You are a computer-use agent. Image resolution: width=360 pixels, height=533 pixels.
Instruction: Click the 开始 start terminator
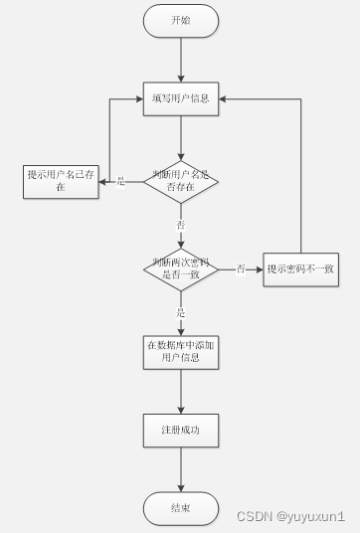[180, 20]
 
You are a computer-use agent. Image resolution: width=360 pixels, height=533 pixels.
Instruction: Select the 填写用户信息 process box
[180, 98]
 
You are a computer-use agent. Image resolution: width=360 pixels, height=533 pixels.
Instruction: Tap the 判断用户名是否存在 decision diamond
[180, 181]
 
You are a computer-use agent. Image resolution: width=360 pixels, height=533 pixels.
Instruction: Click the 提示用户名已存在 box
[61, 181]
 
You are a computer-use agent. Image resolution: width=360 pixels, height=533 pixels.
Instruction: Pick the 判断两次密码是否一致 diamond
[180, 268]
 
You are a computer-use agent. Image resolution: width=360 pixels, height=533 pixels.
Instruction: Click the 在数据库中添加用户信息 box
[180, 350]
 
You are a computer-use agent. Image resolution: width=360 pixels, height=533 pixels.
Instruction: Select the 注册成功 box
[180, 430]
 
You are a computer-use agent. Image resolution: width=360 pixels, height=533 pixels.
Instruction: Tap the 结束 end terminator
[180, 508]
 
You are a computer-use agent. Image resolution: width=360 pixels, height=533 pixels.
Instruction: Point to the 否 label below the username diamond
[181, 226]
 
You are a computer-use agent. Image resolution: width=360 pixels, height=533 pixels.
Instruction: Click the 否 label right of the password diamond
[240, 268]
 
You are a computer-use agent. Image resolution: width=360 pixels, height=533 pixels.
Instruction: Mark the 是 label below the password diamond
[181, 312]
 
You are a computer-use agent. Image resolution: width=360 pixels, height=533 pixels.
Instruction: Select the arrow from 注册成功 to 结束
[181, 469]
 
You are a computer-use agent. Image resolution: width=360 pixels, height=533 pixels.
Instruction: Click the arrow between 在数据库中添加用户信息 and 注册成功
[181, 390]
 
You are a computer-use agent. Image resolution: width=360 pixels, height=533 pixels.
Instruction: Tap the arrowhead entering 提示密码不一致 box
[260, 268]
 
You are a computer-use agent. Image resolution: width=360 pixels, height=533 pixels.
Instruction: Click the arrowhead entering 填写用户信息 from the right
[225, 98]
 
